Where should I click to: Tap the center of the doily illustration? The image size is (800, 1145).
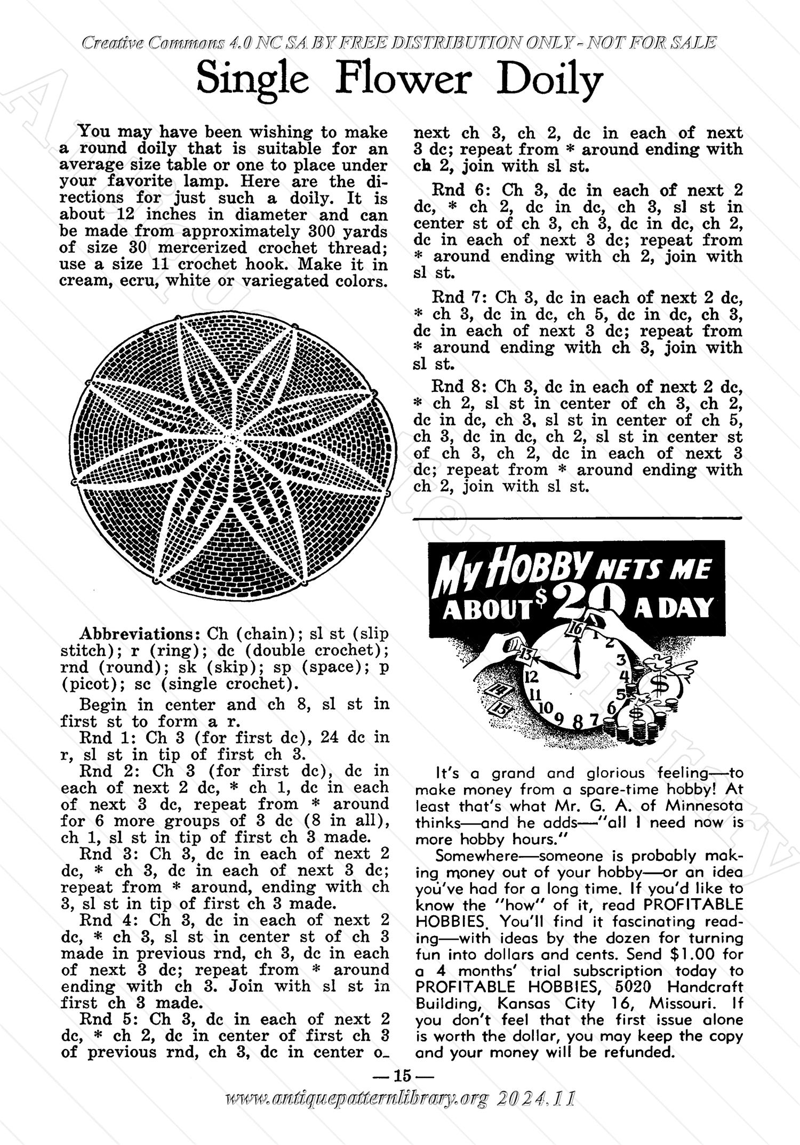click(x=233, y=438)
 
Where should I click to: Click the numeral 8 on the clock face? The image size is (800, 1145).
click(x=578, y=722)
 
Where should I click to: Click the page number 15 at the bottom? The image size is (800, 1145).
click(x=400, y=1090)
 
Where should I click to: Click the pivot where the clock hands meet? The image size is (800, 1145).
click(x=577, y=675)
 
